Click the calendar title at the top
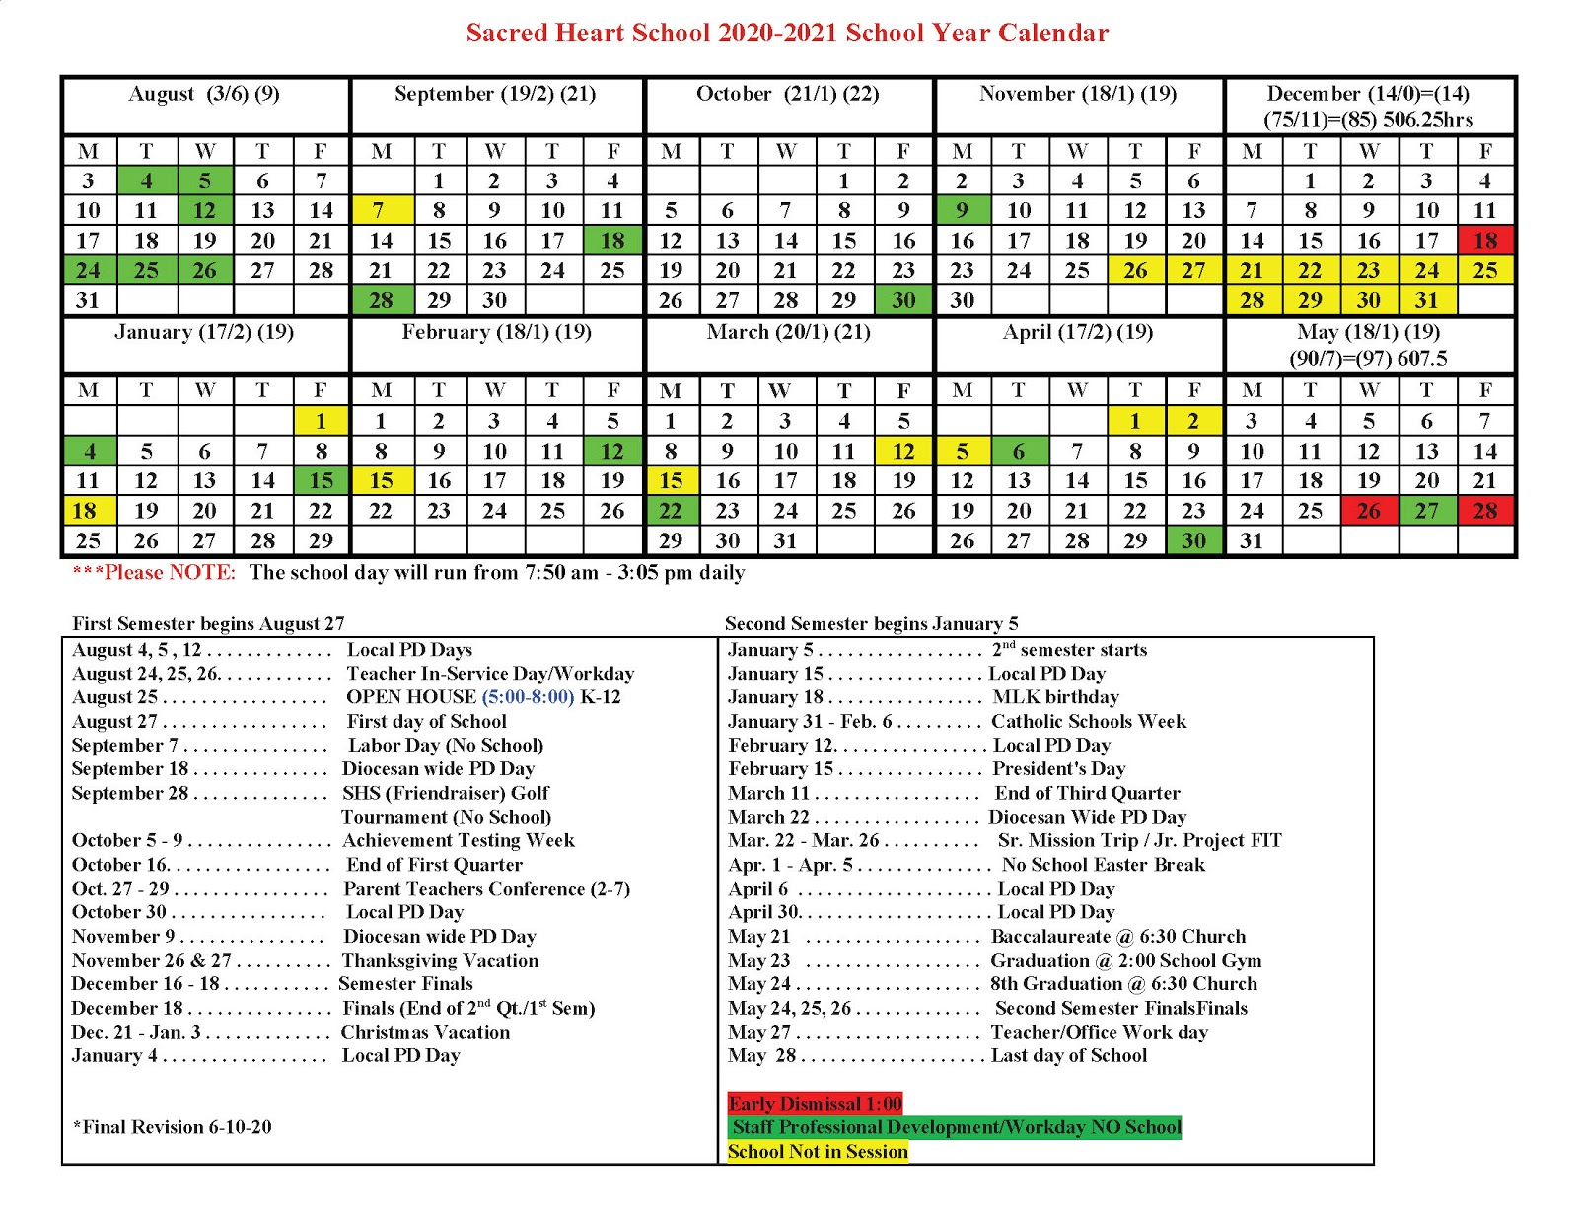point(787,33)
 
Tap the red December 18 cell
point(1485,240)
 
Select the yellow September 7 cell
point(381,210)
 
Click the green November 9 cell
point(962,210)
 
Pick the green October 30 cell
point(903,300)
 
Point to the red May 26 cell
point(1369,511)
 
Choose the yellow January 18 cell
point(87,511)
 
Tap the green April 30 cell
point(1193,540)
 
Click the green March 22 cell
point(671,511)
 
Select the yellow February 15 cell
point(381,481)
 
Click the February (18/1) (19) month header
point(496,332)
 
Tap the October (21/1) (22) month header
point(787,94)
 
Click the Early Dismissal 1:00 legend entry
point(815,1104)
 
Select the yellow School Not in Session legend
point(818,1152)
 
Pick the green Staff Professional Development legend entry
point(955,1127)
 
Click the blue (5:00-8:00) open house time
point(528,697)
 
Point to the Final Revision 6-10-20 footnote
point(173,1127)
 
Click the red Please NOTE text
point(154,573)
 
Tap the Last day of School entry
point(1068,1056)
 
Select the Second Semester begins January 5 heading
point(871,624)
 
